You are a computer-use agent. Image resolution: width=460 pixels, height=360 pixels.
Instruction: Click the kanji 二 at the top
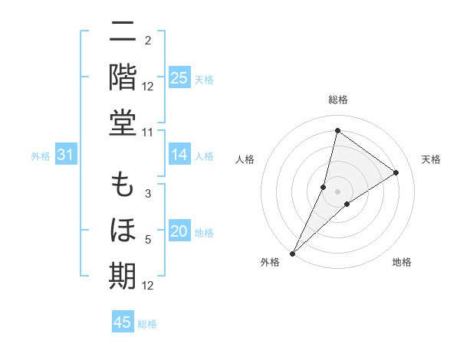tap(123, 33)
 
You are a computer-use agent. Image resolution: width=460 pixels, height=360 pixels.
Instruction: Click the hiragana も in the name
tap(123, 186)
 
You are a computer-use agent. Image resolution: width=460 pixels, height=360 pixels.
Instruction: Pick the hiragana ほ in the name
tap(123, 231)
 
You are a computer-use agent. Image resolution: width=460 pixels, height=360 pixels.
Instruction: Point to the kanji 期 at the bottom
tap(123, 275)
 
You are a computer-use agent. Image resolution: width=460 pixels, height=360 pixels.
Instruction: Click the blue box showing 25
tap(179, 77)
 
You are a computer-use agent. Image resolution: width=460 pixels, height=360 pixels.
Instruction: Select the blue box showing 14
tap(179, 155)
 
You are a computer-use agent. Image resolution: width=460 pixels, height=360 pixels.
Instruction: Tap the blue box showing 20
tap(179, 231)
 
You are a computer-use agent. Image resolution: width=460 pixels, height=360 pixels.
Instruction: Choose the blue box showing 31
tap(65, 155)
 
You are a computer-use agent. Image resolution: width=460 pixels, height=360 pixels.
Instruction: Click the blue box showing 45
tap(123, 322)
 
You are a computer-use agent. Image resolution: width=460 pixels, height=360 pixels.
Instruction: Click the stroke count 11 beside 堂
tap(148, 132)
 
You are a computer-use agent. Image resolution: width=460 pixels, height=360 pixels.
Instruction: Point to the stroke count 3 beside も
tap(148, 195)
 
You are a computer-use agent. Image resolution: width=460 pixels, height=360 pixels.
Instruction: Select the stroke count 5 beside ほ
tap(148, 241)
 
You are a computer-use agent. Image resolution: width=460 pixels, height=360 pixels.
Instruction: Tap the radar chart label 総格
tap(337, 100)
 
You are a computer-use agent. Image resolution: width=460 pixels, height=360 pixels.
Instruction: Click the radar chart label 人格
tap(245, 159)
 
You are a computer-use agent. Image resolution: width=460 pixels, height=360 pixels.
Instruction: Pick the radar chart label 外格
tap(270, 263)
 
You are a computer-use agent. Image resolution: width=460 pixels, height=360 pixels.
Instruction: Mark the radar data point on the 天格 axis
tap(396, 172)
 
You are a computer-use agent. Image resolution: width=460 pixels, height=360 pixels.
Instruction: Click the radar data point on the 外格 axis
tap(292, 253)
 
